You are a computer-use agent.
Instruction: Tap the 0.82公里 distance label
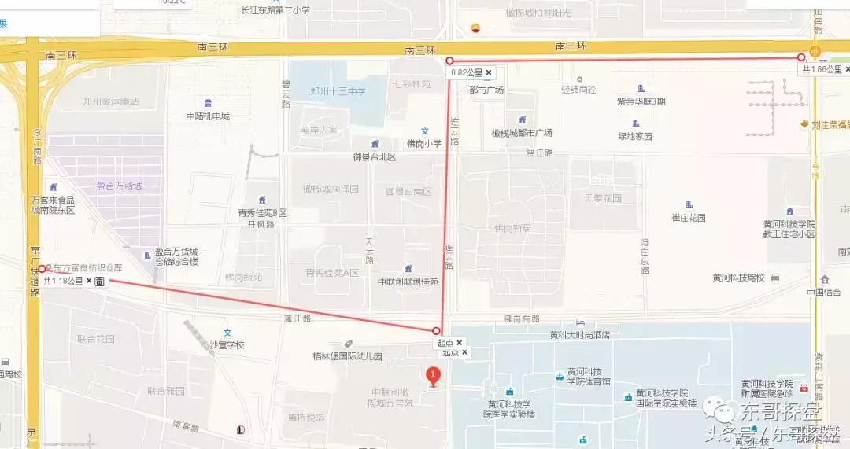coord(467,72)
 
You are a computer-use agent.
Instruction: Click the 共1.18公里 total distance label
coord(62,281)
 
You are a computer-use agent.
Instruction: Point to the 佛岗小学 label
coord(423,143)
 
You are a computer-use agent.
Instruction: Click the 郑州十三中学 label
coord(338,92)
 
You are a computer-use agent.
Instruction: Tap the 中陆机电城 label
coord(208,116)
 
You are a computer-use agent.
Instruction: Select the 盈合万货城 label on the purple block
coord(120,186)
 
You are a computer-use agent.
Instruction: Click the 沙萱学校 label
coord(227,344)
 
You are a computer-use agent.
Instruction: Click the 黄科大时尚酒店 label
coord(580,334)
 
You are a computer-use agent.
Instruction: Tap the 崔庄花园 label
coord(689,217)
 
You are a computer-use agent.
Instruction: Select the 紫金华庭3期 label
coord(641,101)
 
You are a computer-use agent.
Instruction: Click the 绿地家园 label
coord(635,135)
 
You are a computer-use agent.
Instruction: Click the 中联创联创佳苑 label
coord(408,281)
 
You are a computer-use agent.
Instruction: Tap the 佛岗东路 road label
coord(522,318)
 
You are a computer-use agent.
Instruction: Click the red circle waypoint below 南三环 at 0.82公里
coord(450,61)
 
